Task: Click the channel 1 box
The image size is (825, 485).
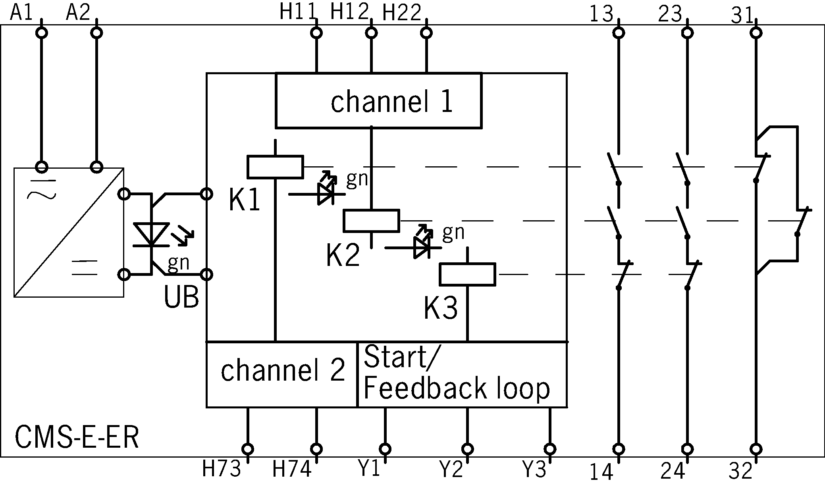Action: coord(378,101)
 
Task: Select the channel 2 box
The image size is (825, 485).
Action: coord(281,375)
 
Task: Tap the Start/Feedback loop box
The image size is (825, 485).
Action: coord(462,375)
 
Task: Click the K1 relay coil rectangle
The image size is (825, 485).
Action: coord(275,167)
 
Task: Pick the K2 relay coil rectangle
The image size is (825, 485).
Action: coord(371,221)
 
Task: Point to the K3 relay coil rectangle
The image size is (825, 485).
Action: coord(467,274)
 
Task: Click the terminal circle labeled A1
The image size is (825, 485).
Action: coord(41,33)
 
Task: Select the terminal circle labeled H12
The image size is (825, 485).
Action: coord(371,33)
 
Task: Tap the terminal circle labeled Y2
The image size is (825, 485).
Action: coord(468,449)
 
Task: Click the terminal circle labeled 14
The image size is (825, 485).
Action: coord(619,449)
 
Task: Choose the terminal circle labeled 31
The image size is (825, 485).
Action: coord(756,33)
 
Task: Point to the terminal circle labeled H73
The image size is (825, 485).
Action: coord(248,449)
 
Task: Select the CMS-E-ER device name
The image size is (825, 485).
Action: coord(77,437)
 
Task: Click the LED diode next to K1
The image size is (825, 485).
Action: coord(326,194)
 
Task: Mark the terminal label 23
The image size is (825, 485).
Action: coord(670,15)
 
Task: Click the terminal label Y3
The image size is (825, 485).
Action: coord(534,470)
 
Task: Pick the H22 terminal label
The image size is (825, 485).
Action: coord(401,13)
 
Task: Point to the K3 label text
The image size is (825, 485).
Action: coord(440,308)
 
